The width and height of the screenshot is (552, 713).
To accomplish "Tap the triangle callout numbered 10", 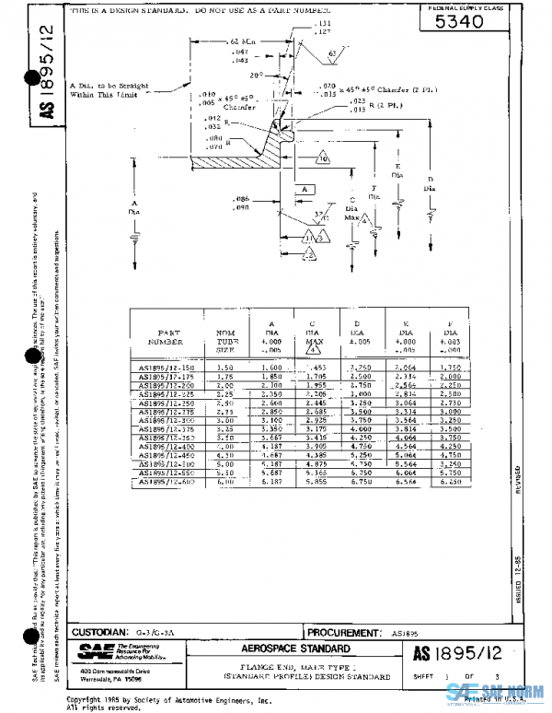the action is [323, 158].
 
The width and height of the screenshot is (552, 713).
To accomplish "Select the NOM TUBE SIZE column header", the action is [225, 340].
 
